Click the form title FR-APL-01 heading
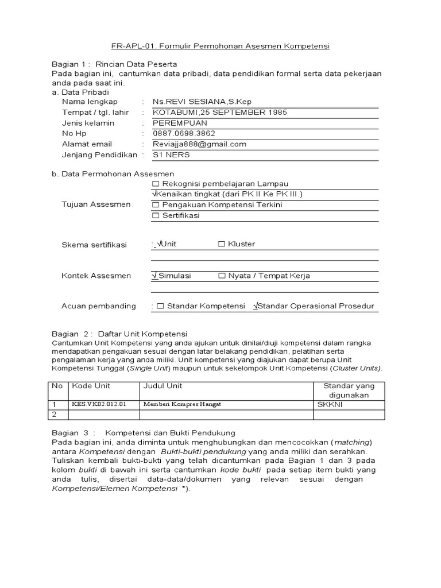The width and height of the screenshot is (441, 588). [x=220, y=46]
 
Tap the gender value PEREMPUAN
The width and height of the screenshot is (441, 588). [x=180, y=123]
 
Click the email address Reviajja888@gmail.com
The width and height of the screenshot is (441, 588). [x=199, y=144]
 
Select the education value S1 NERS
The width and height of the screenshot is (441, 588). [x=171, y=155]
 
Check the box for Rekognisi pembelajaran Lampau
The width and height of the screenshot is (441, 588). [x=156, y=184]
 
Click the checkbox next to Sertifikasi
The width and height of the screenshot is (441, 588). [x=156, y=216]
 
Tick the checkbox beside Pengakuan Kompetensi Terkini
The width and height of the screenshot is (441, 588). [x=156, y=205]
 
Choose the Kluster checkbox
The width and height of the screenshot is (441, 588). [x=222, y=244]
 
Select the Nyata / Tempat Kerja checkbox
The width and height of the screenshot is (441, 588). [x=222, y=276]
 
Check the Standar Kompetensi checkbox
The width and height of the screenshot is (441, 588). [x=161, y=306]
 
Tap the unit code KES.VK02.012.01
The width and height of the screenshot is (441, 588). [x=98, y=404]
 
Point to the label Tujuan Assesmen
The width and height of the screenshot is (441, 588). [x=95, y=204]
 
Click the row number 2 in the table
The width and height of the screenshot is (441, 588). [x=55, y=414]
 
